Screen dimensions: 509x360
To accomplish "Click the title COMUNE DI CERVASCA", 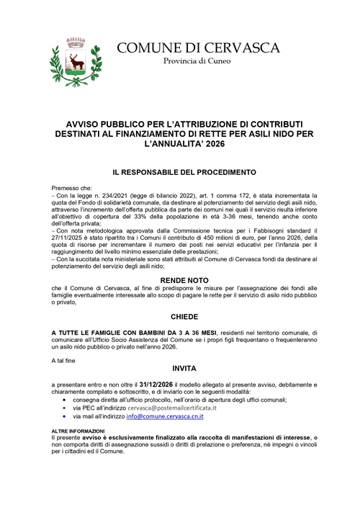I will click(x=198, y=48).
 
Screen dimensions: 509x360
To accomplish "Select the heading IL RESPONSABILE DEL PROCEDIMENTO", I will click(x=179, y=173).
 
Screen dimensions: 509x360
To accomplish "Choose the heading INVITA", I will click(x=179, y=368).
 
